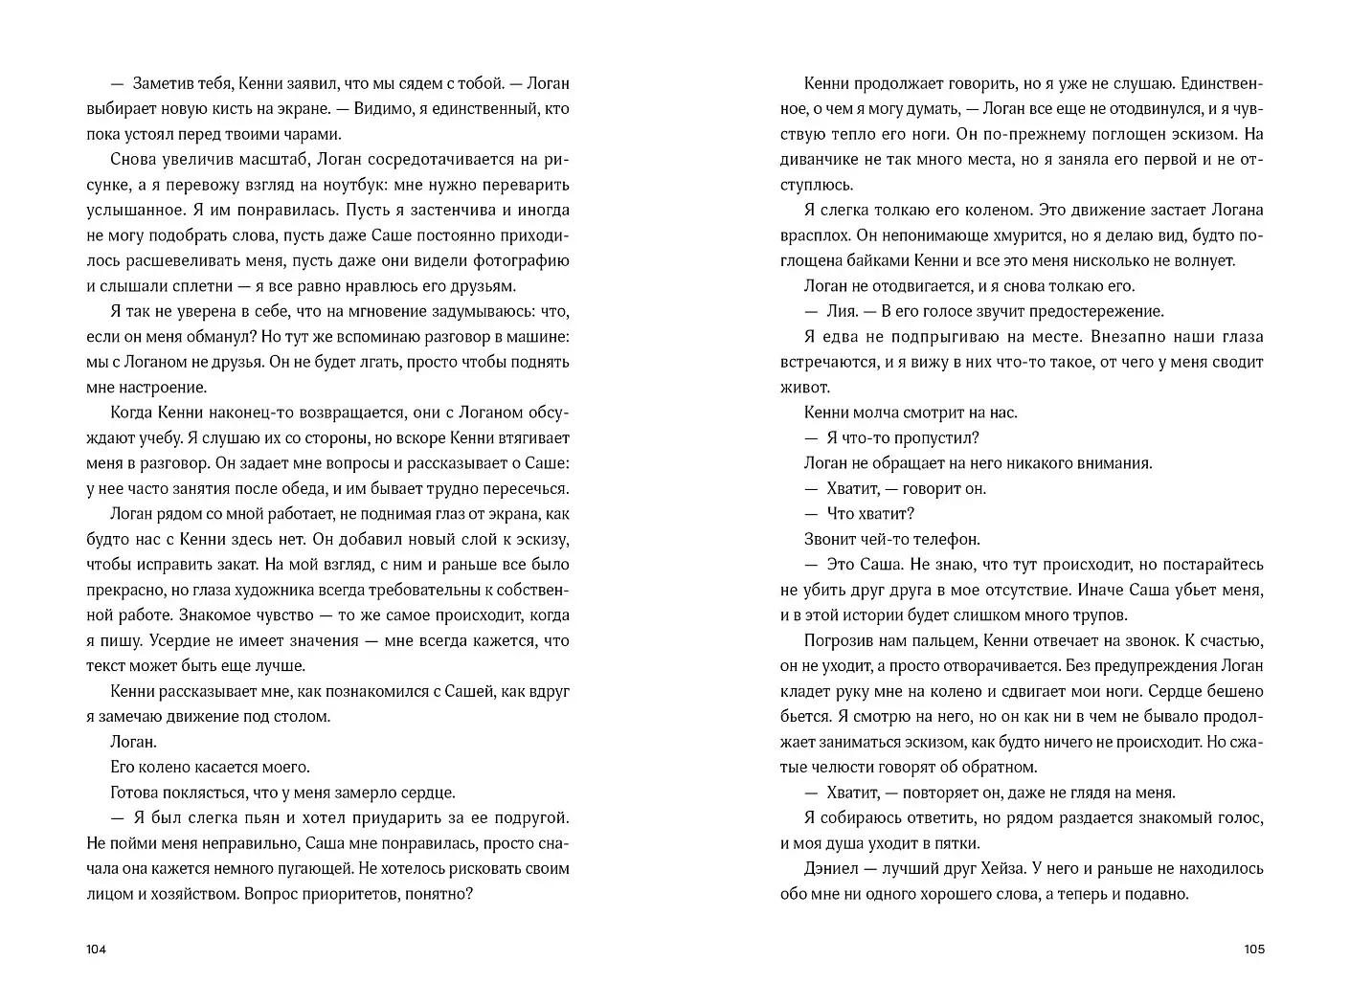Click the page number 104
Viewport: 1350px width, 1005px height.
(x=96, y=949)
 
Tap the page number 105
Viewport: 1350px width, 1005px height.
(x=1253, y=949)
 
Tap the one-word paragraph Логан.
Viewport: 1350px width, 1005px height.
(x=134, y=742)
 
